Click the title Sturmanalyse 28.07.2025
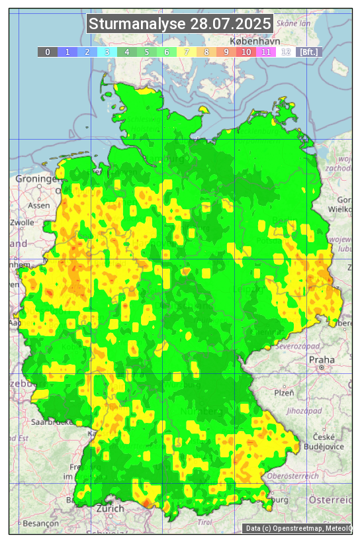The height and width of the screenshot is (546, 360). pyautogui.click(x=180, y=24)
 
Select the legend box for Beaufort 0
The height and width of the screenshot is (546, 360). pyautogui.click(x=47, y=52)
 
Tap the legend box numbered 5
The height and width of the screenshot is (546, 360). pyautogui.click(x=146, y=52)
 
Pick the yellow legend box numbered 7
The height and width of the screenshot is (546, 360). pyautogui.click(x=186, y=52)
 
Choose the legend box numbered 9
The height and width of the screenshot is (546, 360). pyautogui.click(x=226, y=52)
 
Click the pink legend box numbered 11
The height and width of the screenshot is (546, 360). pyautogui.click(x=265, y=52)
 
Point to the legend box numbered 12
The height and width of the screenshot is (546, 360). pyautogui.click(x=285, y=52)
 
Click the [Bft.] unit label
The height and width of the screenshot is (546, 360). pyautogui.click(x=308, y=52)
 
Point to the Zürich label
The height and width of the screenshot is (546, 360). pyautogui.click(x=110, y=508)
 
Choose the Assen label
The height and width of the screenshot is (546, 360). pyautogui.click(x=39, y=205)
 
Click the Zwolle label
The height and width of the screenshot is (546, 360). pyautogui.click(x=22, y=222)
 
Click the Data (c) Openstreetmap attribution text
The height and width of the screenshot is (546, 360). pyautogui.click(x=298, y=528)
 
